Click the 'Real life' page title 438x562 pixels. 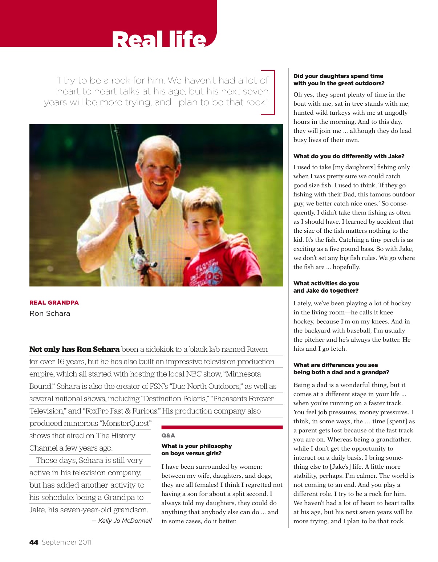pos(159,39)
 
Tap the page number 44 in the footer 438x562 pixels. pos(34,542)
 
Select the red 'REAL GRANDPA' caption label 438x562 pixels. pos(54,302)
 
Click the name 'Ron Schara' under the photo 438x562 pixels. pos(50,313)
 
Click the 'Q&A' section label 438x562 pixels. pos(168,435)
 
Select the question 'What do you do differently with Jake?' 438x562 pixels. pos(349,156)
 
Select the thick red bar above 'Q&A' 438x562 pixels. pos(222,427)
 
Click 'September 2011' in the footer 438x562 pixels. pos(66,542)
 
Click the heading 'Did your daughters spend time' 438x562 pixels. pos(338,76)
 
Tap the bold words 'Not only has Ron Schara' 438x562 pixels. pos(74,349)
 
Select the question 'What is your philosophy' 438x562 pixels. pos(196,446)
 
